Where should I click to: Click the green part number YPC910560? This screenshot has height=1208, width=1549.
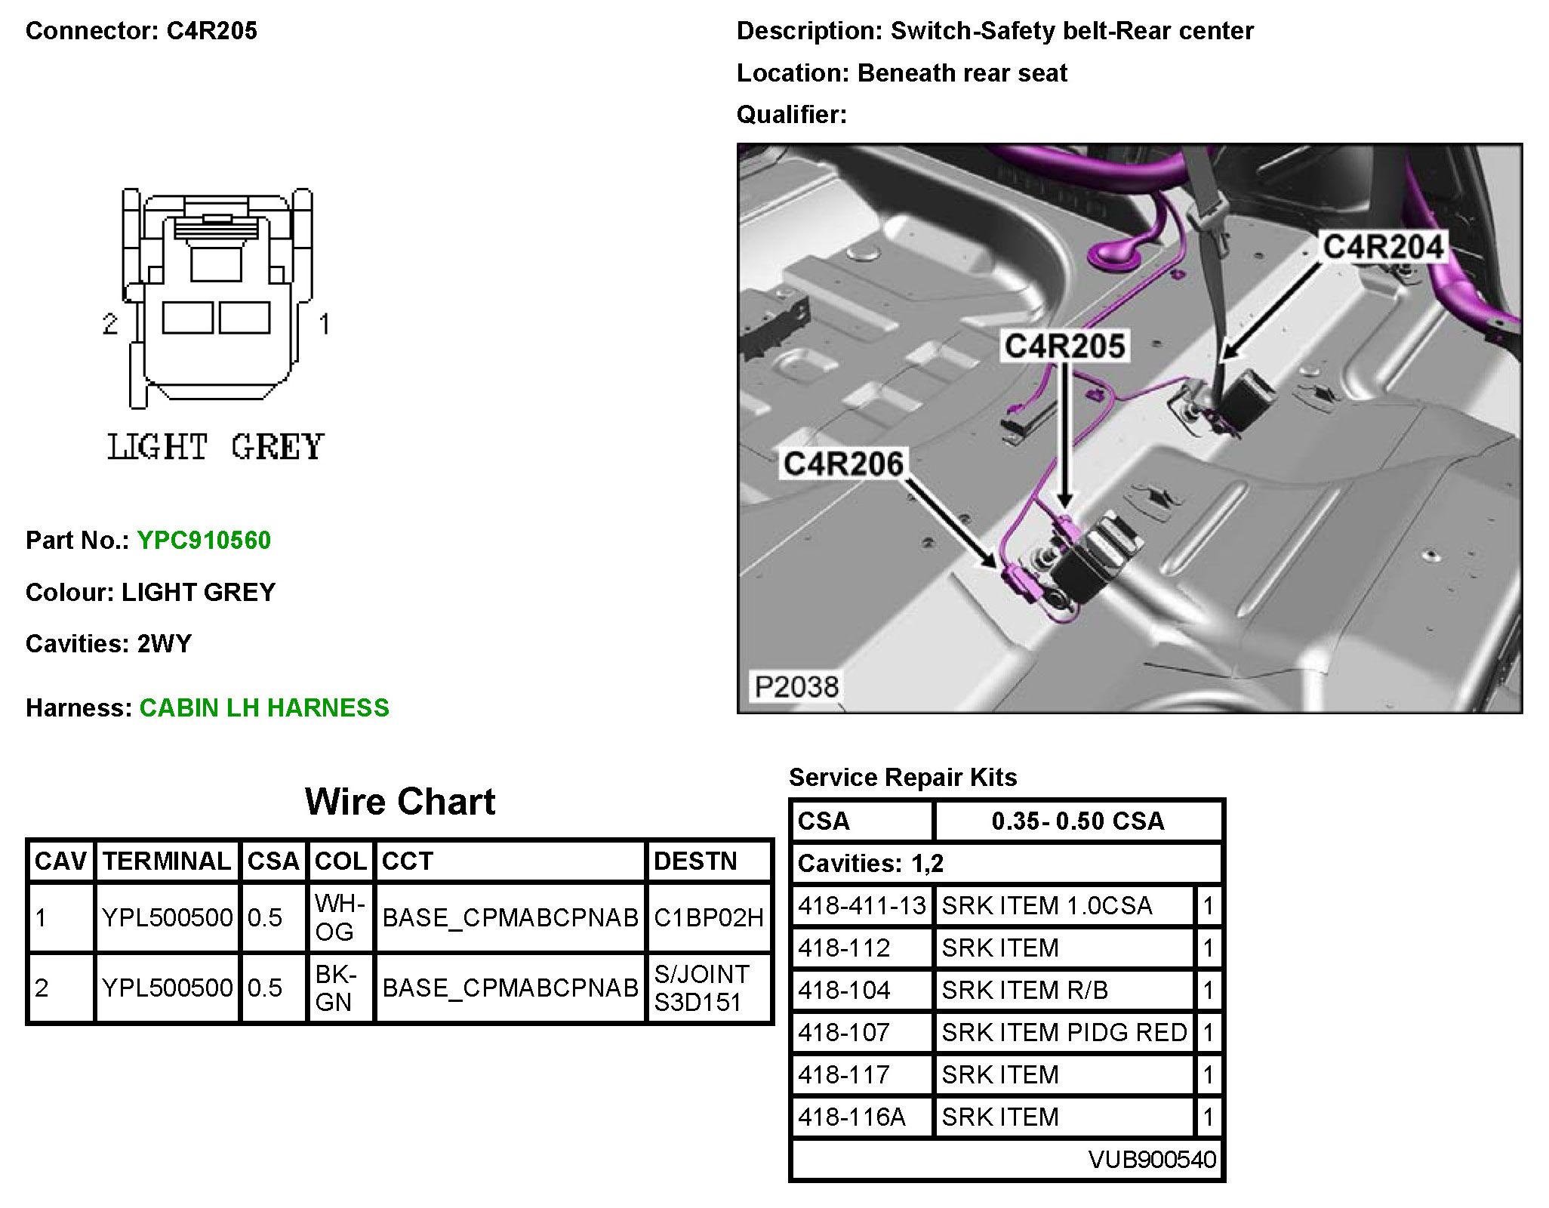[x=204, y=541]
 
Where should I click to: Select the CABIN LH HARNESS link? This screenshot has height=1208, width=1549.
[x=264, y=708]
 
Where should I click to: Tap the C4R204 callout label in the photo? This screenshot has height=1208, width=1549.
[x=1383, y=247]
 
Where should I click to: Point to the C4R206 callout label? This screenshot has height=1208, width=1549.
[x=843, y=464]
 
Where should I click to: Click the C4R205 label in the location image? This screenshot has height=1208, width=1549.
[x=1065, y=346]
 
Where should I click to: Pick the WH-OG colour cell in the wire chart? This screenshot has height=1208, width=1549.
[x=340, y=917]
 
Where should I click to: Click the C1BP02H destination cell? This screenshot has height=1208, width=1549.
[x=709, y=917]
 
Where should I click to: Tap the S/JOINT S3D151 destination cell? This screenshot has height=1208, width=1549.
[x=702, y=988]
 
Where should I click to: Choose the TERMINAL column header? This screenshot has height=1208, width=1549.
[x=167, y=861]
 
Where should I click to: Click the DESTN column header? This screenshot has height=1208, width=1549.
[x=695, y=861]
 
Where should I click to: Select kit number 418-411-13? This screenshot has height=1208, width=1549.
[x=862, y=905]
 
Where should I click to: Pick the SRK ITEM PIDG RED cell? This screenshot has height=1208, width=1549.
[x=1064, y=1032]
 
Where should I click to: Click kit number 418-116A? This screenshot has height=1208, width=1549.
[x=851, y=1117]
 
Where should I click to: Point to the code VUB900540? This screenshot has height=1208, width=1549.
[x=1152, y=1159]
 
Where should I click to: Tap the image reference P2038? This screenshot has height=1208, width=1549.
[x=796, y=686]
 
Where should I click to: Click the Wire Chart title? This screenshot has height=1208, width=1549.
[x=400, y=801]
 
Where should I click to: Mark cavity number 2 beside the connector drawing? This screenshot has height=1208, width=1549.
[x=110, y=324]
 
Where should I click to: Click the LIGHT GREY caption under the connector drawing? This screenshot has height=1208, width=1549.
[x=216, y=447]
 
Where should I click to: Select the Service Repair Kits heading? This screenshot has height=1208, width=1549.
[x=903, y=777]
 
